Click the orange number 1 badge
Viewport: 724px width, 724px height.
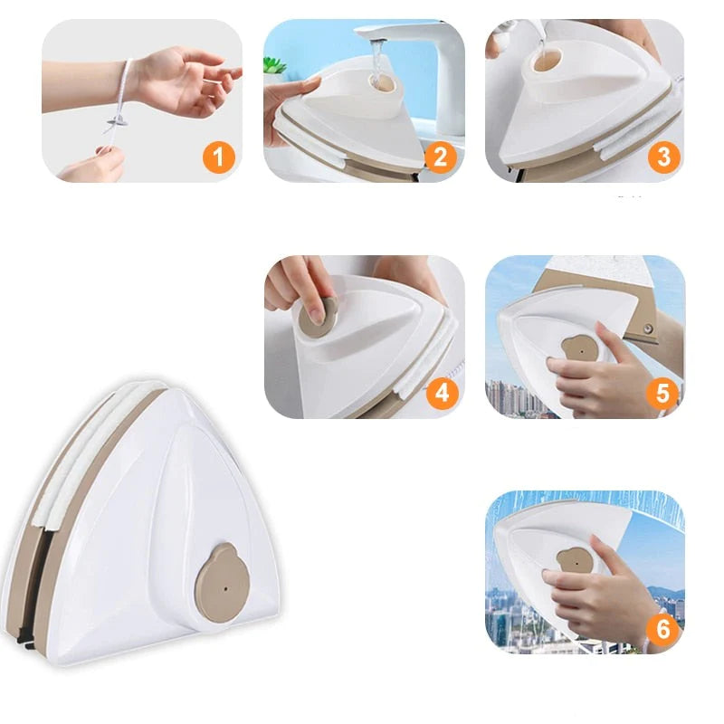[218, 157]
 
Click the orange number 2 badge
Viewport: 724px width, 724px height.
[440, 157]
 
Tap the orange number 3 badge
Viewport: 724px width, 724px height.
[662, 157]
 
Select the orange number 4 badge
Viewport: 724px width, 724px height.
[440, 393]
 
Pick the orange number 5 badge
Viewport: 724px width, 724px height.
[662, 393]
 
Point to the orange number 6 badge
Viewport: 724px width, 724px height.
[662, 629]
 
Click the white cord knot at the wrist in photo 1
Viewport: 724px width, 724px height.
[117, 122]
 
